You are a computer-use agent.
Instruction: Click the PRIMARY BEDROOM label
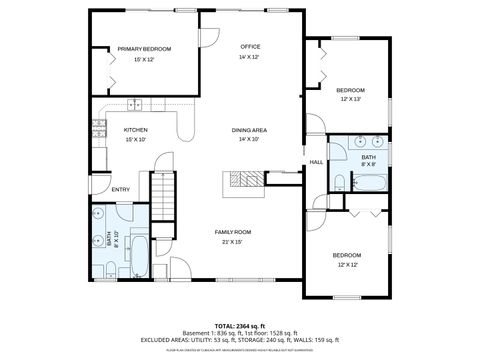pyautogui.click(x=144, y=49)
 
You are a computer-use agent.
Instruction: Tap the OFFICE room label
pyautogui.click(x=250, y=47)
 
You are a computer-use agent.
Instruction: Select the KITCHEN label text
pyautogui.click(x=136, y=130)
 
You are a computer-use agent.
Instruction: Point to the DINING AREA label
pyautogui.click(x=249, y=130)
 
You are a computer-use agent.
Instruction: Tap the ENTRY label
pyautogui.click(x=120, y=189)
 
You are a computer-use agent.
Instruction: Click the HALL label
pyautogui.click(x=316, y=162)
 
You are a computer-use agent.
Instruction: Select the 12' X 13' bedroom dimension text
pyautogui.click(x=350, y=99)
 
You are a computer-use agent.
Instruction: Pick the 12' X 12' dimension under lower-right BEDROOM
pyautogui.click(x=347, y=264)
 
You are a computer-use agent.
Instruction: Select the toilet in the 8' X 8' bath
pyautogui.click(x=340, y=181)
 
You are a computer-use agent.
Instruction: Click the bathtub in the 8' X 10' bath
pyautogui.click(x=139, y=257)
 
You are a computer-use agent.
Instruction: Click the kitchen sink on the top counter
pyautogui.click(x=135, y=105)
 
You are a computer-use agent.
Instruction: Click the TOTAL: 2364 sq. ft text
pyautogui.click(x=239, y=325)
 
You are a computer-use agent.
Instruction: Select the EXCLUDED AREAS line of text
pyautogui.click(x=239, y=339)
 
